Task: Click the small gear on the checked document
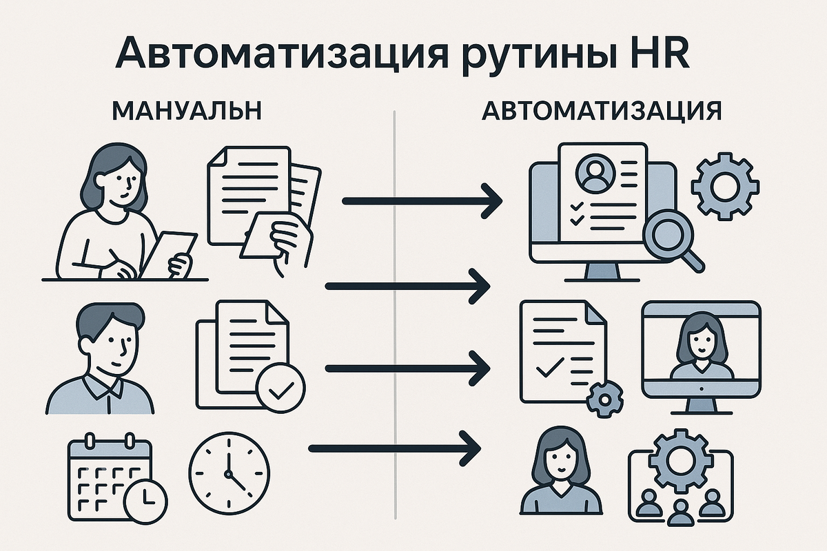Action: [x=604, y=397]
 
